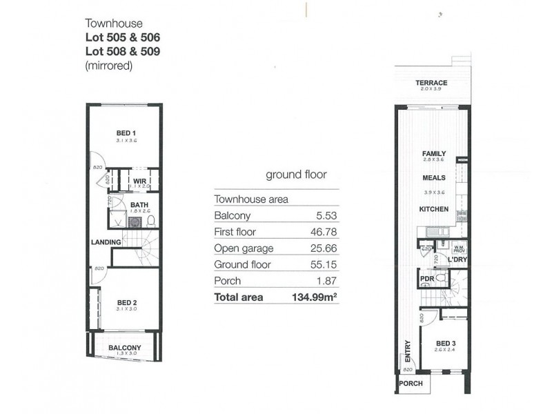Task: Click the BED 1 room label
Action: click(125, 133)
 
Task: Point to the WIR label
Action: click(139, 181)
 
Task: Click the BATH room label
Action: click(139, 204)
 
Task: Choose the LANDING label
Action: click(106, 242)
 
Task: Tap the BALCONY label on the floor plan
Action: click(125, 348)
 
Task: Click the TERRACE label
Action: click(431, 83)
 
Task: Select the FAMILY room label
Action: click(434, 154)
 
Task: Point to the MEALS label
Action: click(434, 177)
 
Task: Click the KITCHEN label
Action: click(434, 209)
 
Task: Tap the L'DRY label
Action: click(457, 259)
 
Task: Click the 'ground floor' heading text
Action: click(296, 175)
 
